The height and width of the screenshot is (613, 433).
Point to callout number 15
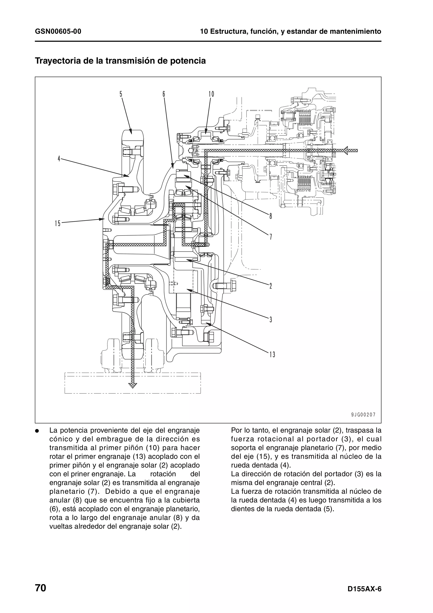[58, 223]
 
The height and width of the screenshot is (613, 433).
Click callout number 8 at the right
[271, 216]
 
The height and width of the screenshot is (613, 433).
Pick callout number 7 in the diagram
[271, 236]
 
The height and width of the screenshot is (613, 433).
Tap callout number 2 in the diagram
[271, 286]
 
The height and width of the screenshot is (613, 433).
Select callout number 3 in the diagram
[271, 320]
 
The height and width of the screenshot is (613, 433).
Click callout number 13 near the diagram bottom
[272, 355]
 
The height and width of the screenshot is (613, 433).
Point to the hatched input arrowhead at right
[347, 151]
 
